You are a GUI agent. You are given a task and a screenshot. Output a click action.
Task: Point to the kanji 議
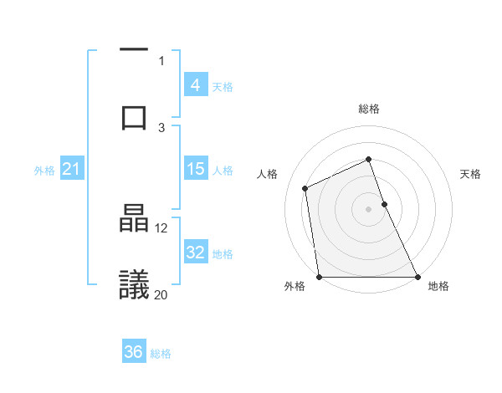[134, 284]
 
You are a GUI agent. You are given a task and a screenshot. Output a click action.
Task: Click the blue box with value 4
[195, 84]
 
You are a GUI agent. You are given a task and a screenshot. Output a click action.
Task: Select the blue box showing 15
[195, 169]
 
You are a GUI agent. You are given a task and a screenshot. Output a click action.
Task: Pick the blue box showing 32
[195, 253]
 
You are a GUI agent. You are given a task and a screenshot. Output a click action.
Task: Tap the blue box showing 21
[71, 169]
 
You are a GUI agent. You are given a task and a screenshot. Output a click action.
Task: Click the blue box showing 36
[134, 352]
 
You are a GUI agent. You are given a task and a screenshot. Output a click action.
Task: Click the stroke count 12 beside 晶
[162, 227]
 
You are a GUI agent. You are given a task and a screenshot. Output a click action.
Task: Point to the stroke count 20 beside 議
[161, 294]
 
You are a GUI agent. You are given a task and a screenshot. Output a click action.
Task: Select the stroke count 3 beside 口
[162, 127]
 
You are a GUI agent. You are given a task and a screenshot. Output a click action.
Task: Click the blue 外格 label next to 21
[44, 170]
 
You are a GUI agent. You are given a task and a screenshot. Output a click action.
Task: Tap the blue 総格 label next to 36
[161, 353]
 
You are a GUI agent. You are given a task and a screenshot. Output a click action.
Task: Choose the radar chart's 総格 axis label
[368, 109]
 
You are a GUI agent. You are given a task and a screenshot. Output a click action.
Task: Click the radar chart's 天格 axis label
[470, 174]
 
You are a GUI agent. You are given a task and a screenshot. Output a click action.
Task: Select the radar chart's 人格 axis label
[267, 174]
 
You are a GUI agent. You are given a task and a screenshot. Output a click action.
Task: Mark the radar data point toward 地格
[417, 277]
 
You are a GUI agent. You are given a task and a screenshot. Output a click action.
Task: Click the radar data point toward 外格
[320, 277]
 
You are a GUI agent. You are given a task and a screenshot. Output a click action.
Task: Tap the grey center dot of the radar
[368, 209]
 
